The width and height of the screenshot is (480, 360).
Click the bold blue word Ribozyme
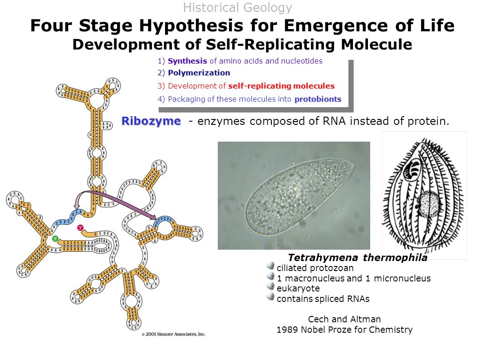(x=151, y=121)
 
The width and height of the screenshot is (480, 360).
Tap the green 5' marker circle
(x=55, y=238)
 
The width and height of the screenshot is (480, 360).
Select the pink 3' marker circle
(x=80, y=227)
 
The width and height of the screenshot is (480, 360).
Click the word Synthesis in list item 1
(x=187, y=61)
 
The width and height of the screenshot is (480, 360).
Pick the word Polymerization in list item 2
(x=199, y=73)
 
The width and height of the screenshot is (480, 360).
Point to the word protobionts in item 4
(x=318, y=99)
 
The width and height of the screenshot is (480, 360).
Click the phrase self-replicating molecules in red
(x=281, y=86)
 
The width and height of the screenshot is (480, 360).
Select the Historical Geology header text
(x=238, y=8)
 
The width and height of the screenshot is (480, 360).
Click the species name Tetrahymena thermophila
(x=358, y=258)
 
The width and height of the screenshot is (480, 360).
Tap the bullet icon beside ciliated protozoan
(x=271, y=265)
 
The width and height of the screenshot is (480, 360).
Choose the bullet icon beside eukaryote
(x=271, y=286)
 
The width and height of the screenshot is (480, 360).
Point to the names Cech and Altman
(x=344, y=319)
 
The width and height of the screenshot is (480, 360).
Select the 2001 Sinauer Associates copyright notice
(x=173, y=334)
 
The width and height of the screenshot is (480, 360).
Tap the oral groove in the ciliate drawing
(x=412, y=168)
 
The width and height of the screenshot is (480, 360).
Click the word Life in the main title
(x=437, y=26)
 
